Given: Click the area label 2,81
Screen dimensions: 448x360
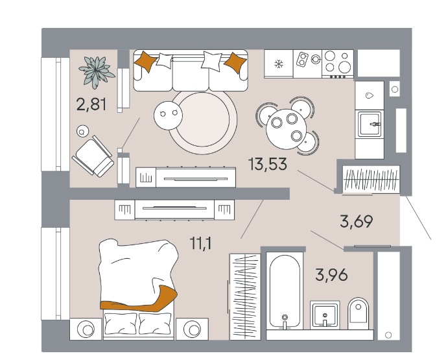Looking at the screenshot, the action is point(91,104).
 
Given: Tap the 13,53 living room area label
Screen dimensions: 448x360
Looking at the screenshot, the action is point(268,164).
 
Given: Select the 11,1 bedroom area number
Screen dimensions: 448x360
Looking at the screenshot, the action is point(200,244).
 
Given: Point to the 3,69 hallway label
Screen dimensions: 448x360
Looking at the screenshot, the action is point(357,222).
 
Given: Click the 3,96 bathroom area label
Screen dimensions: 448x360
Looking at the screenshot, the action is point(332,275).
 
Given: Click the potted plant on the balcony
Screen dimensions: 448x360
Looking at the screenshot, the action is point(97,71).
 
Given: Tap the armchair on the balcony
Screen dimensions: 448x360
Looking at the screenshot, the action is point(93,156).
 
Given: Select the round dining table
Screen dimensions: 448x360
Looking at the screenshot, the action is point(287,128).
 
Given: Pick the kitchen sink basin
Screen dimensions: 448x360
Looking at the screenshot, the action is point(370,124).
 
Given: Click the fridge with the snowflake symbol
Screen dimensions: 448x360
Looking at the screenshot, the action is point(279,64).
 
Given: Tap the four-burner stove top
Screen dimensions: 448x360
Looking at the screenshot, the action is point(338,64).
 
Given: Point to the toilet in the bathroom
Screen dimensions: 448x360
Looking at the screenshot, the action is point(359,314).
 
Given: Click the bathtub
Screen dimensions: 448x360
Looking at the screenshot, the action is point(285,292).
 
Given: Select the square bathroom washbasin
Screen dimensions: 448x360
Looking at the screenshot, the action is point(325,315).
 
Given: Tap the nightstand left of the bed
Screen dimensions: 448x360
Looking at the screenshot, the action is point(86,329).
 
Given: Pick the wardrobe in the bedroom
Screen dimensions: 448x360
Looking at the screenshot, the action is point(245,297).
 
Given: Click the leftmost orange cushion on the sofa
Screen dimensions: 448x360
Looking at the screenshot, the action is point(145,61).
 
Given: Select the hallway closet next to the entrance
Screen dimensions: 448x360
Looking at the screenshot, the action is point(371,180).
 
